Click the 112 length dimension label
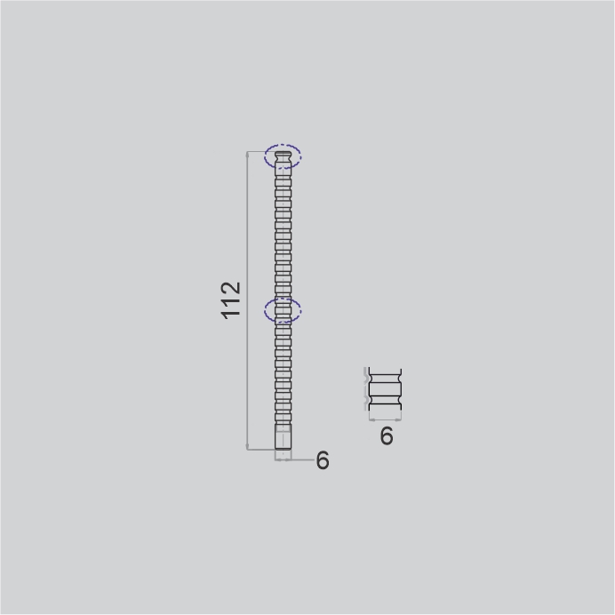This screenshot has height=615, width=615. coord(231,300)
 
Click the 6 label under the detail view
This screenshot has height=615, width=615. coord(387,435)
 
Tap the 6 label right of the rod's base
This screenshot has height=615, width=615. coord(323,460)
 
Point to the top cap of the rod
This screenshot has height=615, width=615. coord(283,154)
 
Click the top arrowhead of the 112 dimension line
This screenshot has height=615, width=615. coord(247,154)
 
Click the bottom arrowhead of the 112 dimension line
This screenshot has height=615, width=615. coord(247,446)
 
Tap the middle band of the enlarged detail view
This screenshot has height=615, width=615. coord(385,389)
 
